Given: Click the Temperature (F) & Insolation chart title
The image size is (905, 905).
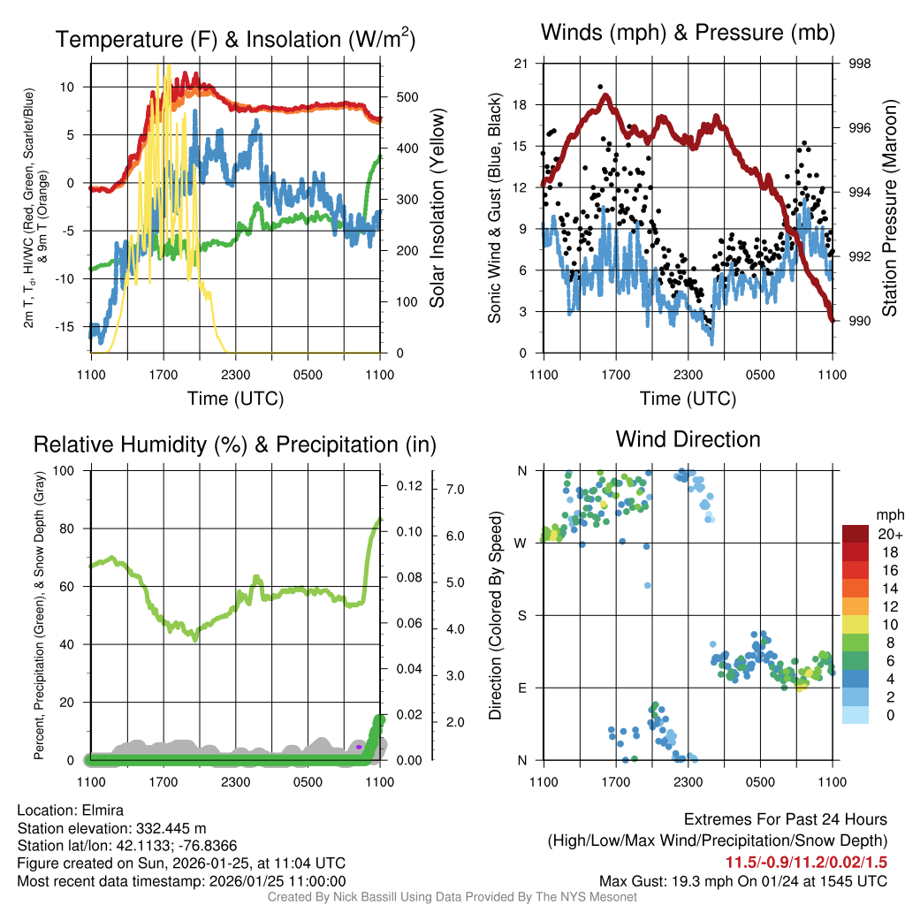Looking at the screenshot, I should pyautogui.click(x=235, y=40).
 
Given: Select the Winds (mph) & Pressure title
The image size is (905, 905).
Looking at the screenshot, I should pyautogui.click(x=688, y=34).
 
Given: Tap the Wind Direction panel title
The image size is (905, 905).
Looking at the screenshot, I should pyautogui.click(x=688, y=439).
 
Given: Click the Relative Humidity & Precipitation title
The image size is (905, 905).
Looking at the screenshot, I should pyautogui.click(x=234, y=445).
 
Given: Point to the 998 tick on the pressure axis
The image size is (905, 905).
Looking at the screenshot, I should pyautogui.click(x=859, y=64).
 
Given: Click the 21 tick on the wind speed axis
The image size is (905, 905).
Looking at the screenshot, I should pyautogui.click(x=521, y=64).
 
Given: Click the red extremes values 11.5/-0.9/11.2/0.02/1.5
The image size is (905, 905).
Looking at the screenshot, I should pyautogui.click(x=806, y=863).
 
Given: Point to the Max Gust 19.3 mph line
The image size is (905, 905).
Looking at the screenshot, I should pyautogui.click(x=743, y=880).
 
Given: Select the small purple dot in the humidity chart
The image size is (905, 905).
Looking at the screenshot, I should pyautogui.click(x=359, y=747).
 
